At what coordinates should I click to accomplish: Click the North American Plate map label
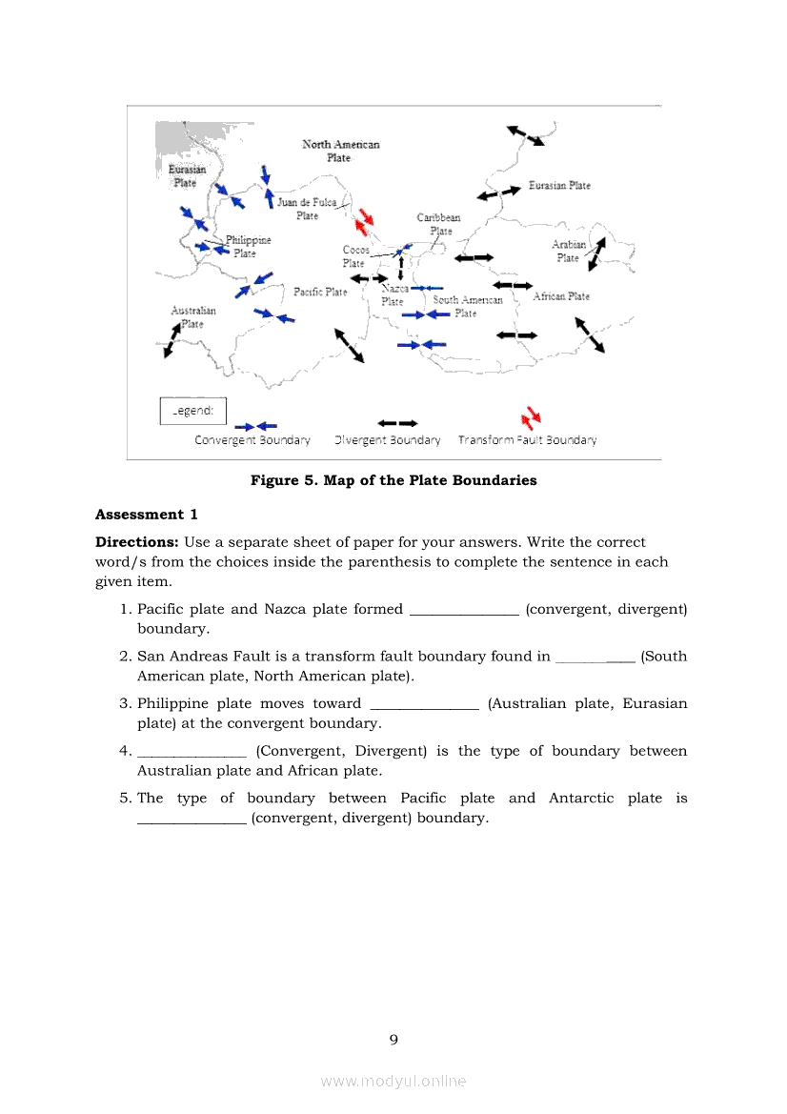tap(340, 151)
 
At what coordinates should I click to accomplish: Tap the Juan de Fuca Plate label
tap(307, 209)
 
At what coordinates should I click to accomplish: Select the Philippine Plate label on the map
tap(248, 247)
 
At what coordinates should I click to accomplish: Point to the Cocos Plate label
tap(355, 256)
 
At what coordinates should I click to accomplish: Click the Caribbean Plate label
tap(438, 224)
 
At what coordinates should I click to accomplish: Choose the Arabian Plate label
tap(569, 252)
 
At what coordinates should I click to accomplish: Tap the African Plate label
tap(561, 296)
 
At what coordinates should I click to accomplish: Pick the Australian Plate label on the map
tap(193, 316)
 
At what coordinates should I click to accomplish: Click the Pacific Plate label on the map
tap(320, 292)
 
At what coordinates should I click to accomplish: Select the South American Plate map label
tap(467, 306)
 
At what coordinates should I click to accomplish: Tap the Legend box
tap(192, 411)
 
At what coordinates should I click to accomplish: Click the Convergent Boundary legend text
tap(252, 440)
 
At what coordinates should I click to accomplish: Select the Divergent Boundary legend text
tap(388, 440)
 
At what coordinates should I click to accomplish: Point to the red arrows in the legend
tap(531, 418)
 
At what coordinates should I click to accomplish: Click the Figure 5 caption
tap(393, 480)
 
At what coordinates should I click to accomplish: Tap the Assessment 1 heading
tap(147, 515)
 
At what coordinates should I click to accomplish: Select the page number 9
tap(393, 1040)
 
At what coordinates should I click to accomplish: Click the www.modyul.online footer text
tap(393, 1081)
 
